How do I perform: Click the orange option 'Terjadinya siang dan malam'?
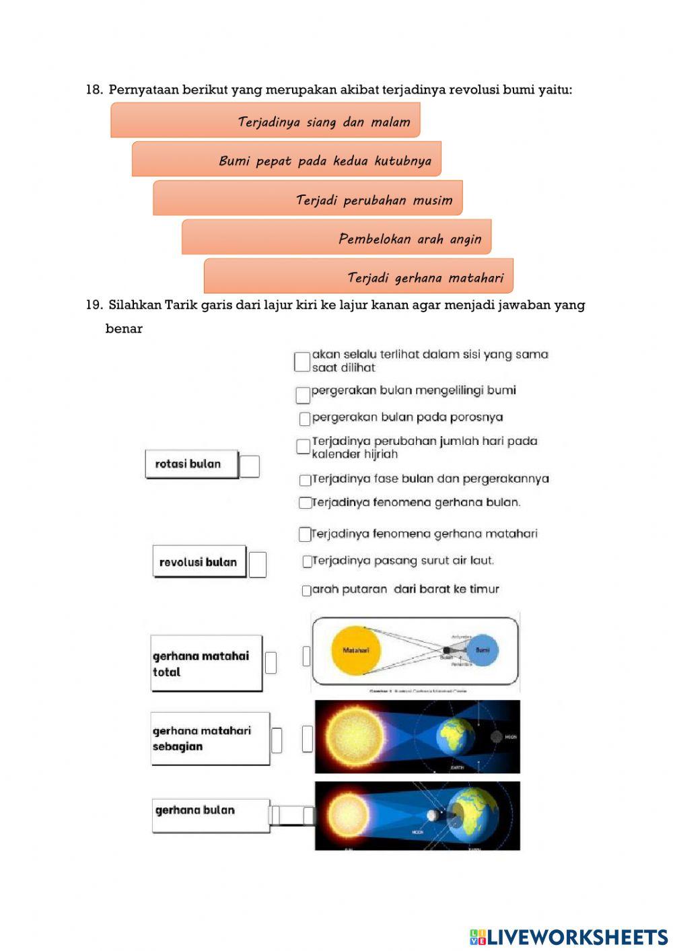265,120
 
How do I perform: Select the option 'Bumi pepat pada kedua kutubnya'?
287,160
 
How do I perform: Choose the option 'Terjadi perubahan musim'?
308,199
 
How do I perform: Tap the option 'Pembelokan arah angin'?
336,237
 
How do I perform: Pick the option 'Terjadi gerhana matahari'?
359,276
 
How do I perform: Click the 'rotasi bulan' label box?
192,464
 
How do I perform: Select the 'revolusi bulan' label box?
199,562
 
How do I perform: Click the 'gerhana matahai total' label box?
206,664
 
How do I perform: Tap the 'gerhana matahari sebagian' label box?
210,738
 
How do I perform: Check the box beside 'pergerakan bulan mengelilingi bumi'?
303,393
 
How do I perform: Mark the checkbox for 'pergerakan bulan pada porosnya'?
305,419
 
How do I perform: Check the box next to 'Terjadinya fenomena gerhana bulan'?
305,503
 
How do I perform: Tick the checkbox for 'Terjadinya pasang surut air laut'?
307,561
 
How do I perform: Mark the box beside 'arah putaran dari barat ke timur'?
306,591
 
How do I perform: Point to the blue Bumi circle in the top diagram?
483,650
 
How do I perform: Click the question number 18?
94,90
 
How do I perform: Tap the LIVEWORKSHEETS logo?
569,937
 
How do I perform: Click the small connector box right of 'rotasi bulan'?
249,466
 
